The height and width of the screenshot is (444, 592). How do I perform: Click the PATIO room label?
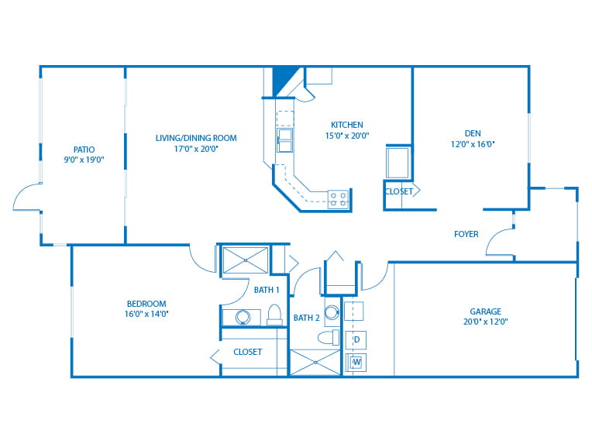point(84,150)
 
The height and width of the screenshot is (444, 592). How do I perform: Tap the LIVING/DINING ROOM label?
point(196,138)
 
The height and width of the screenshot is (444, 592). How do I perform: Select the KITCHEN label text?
point(347,125)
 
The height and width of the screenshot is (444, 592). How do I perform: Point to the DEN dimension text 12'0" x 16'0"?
point(473,144)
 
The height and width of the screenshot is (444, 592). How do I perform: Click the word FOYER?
point(466,234)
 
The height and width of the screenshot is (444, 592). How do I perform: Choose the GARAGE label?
point(486,311)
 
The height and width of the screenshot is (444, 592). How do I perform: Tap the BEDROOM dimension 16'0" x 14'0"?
point(146,314)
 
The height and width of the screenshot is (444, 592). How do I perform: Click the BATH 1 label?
point(267,290)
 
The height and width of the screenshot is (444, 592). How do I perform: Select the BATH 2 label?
point(307,318)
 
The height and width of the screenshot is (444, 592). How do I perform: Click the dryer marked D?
point(356,339)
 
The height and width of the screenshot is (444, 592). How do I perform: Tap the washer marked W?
point(356,362)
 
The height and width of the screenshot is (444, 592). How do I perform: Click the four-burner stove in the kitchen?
point(338,199)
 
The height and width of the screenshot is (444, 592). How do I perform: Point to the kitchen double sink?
point(284,140)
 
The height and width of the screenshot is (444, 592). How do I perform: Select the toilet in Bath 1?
point(274,315)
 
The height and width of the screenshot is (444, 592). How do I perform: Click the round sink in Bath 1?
point(243,318)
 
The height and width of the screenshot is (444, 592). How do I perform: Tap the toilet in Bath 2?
point(328,338)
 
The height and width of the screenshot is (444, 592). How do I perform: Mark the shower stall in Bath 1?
point(246,260)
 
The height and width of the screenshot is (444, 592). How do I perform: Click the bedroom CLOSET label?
point(248,352)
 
